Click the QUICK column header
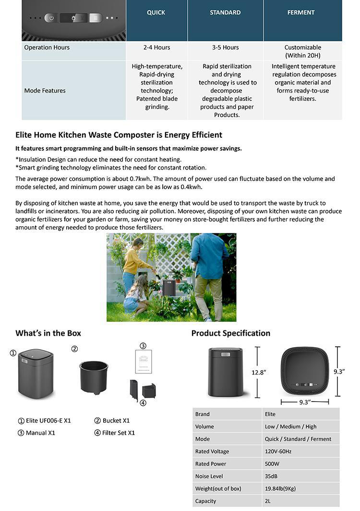click(156, 12)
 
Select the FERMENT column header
click(301, 12)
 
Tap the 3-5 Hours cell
click(225, 48)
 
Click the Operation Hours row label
click(47, 48)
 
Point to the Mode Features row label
click(45, 90)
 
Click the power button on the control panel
click(50, 18)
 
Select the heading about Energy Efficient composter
click(119, 135)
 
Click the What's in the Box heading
click(48, 333)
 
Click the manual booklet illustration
click(143, 361)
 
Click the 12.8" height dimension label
click(259, 372)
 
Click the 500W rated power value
click(272, 464)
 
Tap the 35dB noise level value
click(271, 476)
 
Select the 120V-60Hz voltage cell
click(277, 451)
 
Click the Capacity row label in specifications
click(205, 501)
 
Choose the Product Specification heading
click(230, 333)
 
